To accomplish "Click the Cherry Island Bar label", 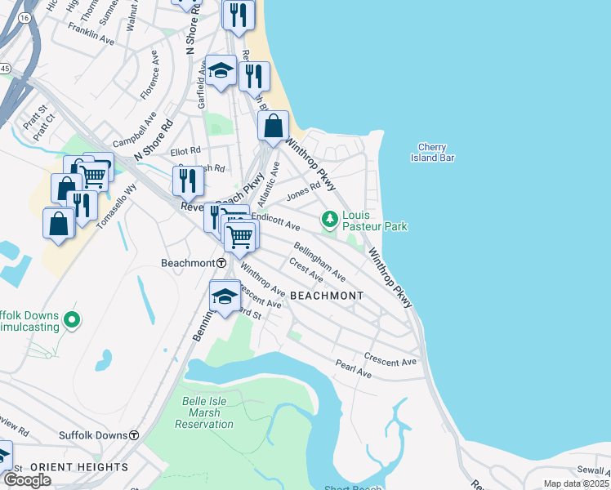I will (435, 152).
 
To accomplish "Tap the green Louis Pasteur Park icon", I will (329, 218).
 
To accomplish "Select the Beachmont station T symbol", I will (221, 263).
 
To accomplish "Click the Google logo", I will (27, 480).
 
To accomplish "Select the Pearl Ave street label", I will (353, 369).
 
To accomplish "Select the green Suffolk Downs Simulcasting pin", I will (72, 319).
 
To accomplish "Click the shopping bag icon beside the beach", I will (273, 126).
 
